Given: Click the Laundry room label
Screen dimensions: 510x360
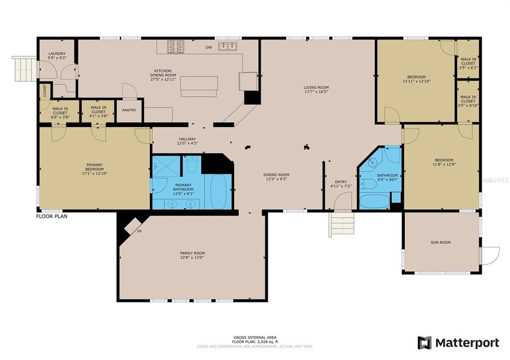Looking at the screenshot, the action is point(57,54).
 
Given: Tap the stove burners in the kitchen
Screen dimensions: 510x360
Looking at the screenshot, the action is point(176,46).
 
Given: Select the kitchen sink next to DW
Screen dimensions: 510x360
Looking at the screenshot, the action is point(228,46).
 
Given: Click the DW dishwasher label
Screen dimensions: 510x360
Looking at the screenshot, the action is point(209,47).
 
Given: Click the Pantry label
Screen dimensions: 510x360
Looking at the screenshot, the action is point(129,110).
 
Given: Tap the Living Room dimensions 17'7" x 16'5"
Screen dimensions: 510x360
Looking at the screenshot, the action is point(316,92).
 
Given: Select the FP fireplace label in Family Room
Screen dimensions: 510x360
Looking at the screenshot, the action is point(139,232).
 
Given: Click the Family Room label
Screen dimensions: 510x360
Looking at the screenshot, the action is point(193,253).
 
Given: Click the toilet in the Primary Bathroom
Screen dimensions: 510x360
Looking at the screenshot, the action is point(192,164).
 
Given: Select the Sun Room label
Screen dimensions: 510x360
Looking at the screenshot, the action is point(441,242).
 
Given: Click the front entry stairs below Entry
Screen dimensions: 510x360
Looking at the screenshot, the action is point(342,224).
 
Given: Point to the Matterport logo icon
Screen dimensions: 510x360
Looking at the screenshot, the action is point(425,343).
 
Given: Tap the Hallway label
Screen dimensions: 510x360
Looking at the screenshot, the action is point(187,139).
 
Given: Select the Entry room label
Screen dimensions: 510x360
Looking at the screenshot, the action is point(341,182).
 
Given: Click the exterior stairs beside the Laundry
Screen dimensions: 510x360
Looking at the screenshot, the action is point(24,69).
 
